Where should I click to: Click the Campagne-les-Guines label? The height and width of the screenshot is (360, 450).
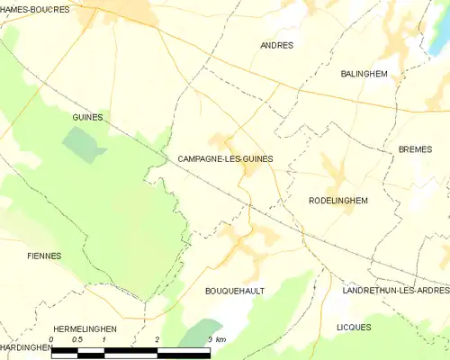click(x=220, y=158)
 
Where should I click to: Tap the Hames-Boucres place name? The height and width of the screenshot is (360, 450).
click(x=37, y=8)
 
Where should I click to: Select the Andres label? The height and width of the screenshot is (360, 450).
click(x=276, y=45)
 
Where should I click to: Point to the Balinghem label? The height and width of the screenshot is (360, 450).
click(x=364, y=74)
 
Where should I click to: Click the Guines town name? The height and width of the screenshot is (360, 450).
click(x=87, y=118)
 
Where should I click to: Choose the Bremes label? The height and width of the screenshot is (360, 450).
click(x=415, y=149)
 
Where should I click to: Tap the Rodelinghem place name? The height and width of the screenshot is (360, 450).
click(x=338, y=201)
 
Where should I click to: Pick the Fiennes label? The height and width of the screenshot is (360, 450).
click(x=44, y=256)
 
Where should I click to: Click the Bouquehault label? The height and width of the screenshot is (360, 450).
click(x=233, y=292)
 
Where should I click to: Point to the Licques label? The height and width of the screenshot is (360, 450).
click(x=354, y=327)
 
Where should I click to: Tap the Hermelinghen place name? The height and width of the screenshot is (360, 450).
click(x=85, y=329)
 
